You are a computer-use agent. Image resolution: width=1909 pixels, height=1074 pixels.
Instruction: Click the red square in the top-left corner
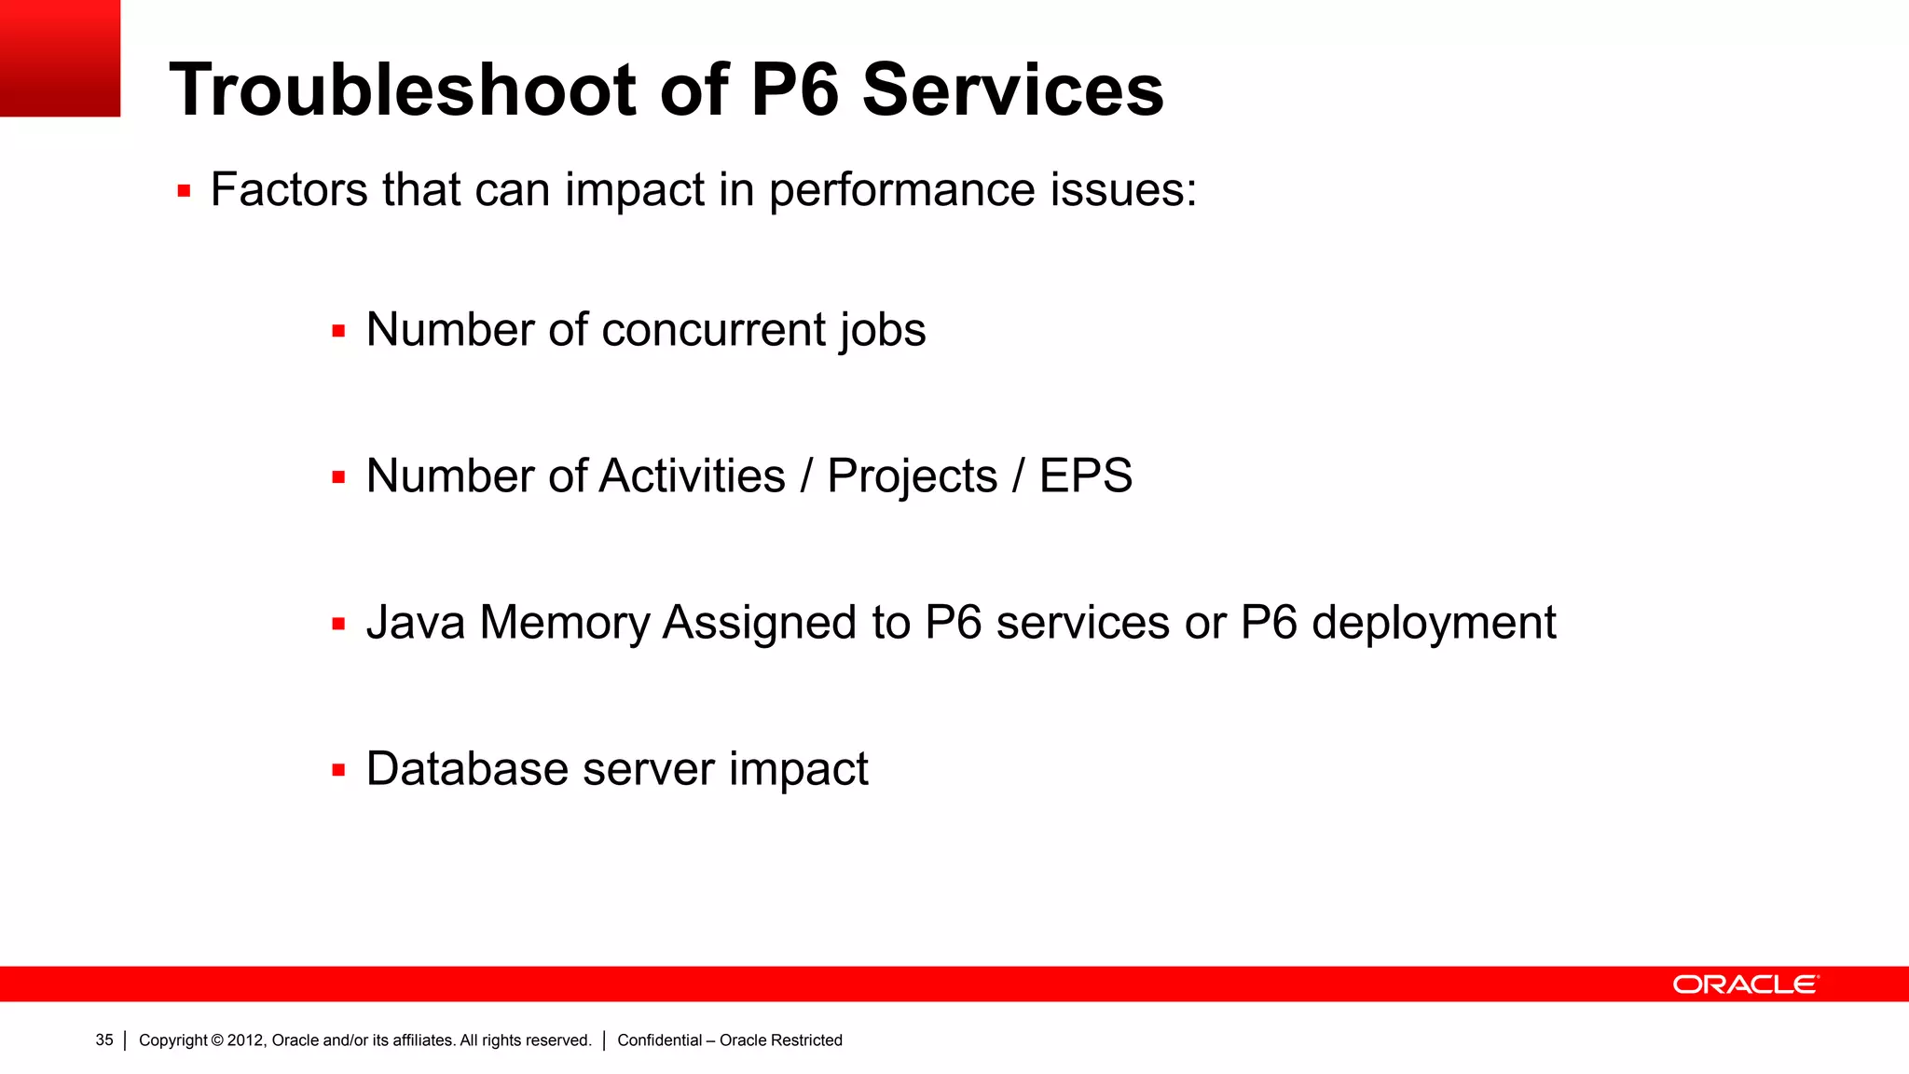click(x=60, y=58)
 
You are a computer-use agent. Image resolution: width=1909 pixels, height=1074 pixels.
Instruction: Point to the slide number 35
click(x=104, y=1040)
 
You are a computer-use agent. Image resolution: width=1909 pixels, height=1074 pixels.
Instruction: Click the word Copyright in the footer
click(x=172, y=1040)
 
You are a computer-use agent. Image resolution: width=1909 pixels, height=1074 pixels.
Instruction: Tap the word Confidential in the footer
click(x=659, y=1040)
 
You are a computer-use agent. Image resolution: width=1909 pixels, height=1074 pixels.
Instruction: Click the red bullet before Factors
click(x=184, y=192)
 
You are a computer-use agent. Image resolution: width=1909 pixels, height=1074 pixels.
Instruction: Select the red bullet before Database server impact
click(x=338, y=771)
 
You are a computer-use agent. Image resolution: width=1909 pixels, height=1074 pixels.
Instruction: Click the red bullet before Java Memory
click(x=338, y=625)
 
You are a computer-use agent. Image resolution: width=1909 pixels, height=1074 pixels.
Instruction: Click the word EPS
click(x=1086, y=476)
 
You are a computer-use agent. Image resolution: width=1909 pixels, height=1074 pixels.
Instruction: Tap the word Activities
click(x=693, y=476)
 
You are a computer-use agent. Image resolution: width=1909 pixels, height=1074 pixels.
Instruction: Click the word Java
click(x=416, y=623)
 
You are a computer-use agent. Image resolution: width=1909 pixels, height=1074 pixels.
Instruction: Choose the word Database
click(x=467, y=769)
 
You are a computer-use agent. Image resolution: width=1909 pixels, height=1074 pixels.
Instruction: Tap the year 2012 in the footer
click(x=245, y=1040)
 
